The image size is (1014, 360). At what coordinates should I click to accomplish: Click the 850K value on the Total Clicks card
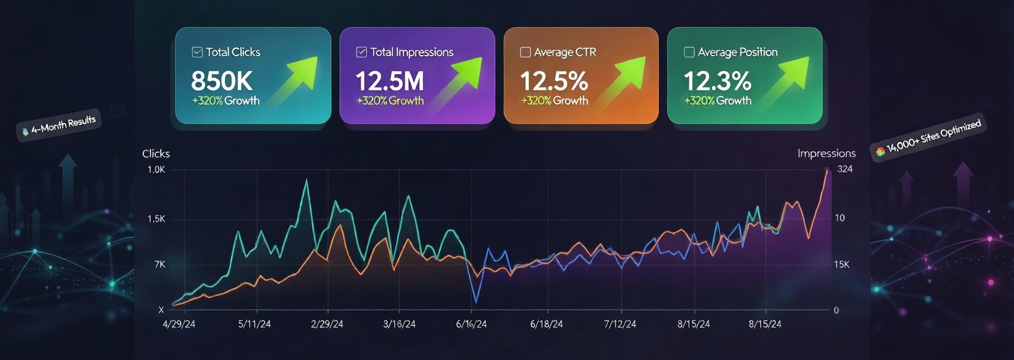tap(222, 81)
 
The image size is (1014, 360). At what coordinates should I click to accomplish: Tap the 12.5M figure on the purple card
tap(389, 81)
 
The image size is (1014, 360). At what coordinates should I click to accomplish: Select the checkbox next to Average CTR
tap(525, 52)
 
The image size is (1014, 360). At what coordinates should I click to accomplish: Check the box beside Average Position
tap(689, 52)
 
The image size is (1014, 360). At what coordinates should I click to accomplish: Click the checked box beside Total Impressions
tap(361, 52)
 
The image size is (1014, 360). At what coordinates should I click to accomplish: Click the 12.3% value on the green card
tap(717, 81)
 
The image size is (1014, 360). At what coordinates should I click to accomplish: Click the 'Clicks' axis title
tap(156, 153)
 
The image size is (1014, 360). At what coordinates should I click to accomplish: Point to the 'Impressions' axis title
tap(826, 153)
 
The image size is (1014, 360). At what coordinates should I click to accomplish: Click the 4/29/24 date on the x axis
tap(179, 324)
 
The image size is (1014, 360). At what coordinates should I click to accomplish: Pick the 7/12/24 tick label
tap(620, 324)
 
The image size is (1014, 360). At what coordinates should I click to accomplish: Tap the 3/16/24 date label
tap(399, 324)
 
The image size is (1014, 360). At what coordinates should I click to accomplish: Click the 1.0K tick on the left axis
tap(156, 170)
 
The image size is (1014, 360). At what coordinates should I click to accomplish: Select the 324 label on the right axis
tap(845, 169)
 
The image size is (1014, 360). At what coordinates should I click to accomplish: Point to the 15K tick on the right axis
tap(841, 264)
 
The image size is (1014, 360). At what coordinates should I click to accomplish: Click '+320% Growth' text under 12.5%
tap(554, 101)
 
